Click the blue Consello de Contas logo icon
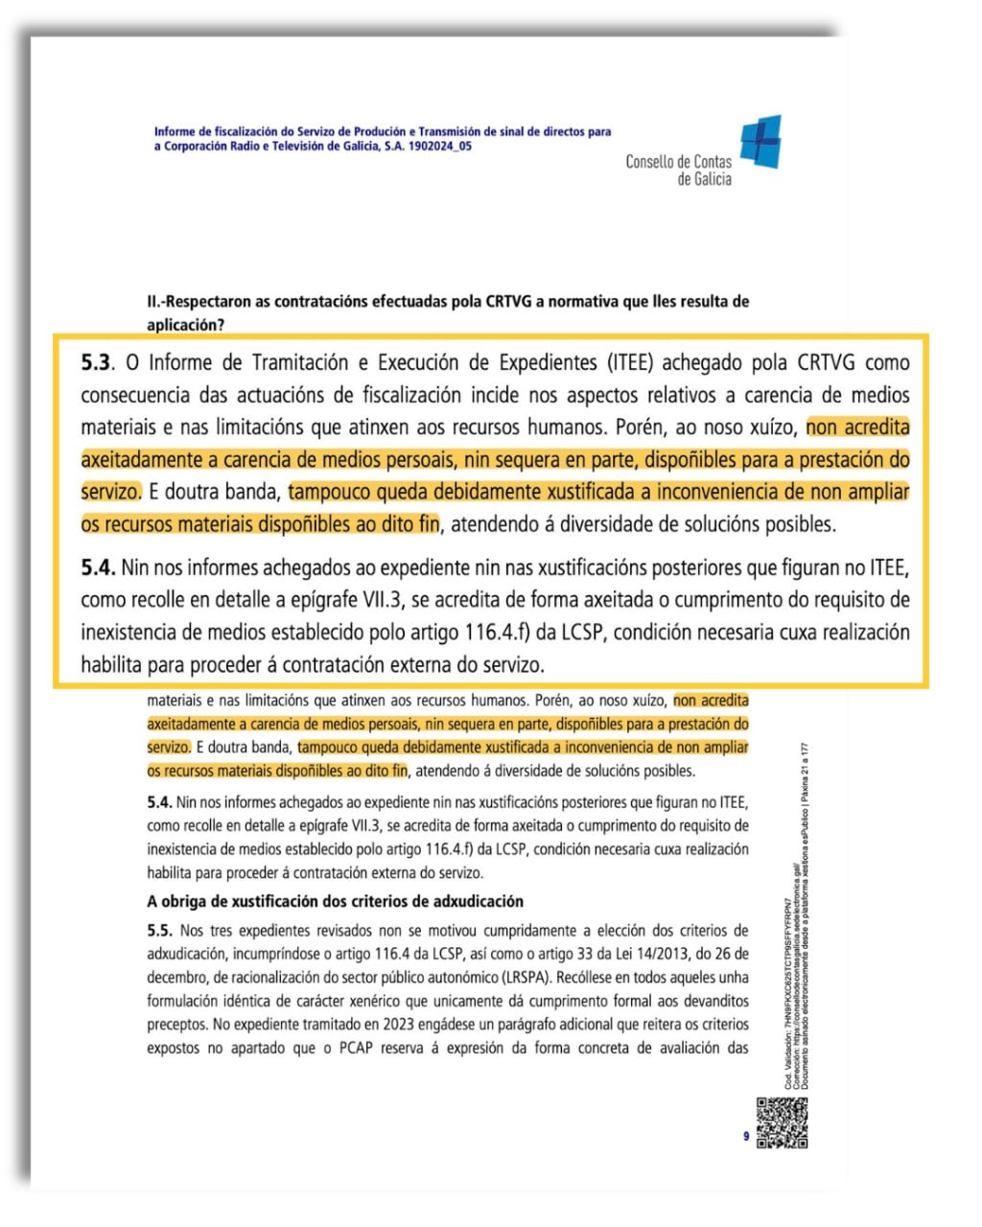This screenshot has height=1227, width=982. pyautogui.click(x=760, y=142)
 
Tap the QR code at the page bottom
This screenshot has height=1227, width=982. pyautogui.click(x=782, y=1122)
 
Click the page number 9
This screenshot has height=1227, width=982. pyautogui.click(x=746, y=1137)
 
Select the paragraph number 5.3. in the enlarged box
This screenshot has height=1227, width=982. pyautogui.click(x=98, y=363)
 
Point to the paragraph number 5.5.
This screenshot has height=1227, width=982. pyautogui.click(x=159, y=931)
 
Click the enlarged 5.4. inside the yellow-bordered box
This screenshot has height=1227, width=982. pyautogui.click(x=98, y=567)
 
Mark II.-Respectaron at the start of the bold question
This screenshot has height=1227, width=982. pyautogui.click(x=193, y=302)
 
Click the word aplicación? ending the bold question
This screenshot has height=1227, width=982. pyautogui.click(x=185, y=325)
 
